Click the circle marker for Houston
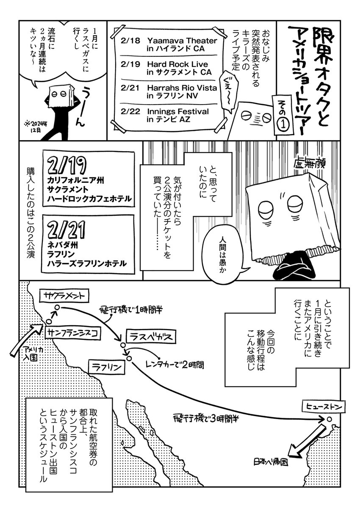(328, 419)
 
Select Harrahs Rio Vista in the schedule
(169, 92)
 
